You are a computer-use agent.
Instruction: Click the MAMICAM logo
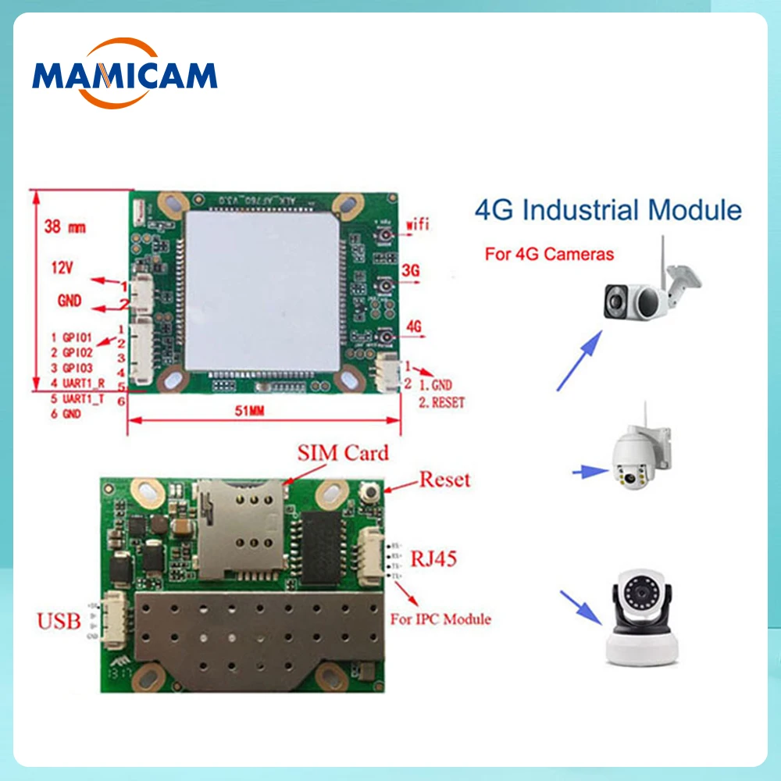pyautogui.click(x=125, y=75)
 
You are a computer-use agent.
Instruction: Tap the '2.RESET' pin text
pyautogui.click(x=441, y=403)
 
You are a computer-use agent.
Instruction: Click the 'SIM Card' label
pyautogui.click(x=342, y=454)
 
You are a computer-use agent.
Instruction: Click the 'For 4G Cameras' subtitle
pyautogui.click(x=549, y=253)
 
